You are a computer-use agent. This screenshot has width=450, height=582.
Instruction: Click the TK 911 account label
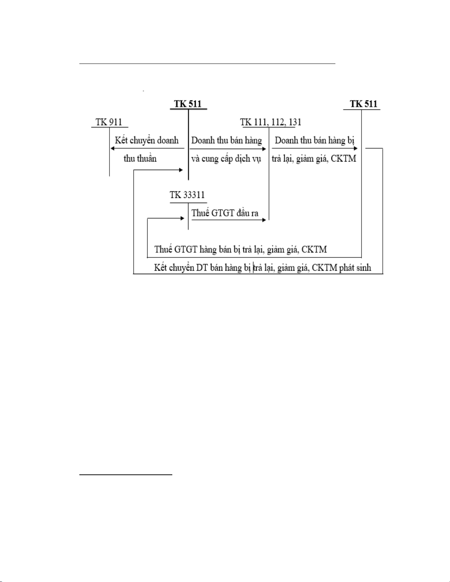(x=109, y=122)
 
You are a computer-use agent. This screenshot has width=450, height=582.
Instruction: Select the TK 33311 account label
(x=187, y=195)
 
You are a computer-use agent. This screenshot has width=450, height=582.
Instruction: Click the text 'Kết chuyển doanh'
(x=147, y=140)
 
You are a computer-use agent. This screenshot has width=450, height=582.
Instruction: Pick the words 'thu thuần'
(x=140, y=158)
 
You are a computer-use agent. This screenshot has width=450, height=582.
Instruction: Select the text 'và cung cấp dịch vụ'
(x=226, y=159)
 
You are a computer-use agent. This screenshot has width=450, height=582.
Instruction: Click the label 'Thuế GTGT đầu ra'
(x=225, y=213)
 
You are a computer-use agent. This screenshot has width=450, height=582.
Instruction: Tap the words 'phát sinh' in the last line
(x=355, y=268)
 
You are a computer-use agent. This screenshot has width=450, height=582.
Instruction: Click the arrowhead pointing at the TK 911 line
(x=113, y=148)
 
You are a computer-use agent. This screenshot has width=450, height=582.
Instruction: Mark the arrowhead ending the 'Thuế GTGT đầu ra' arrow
(x=264, y=220)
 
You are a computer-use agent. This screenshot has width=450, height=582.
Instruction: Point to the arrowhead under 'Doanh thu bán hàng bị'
(x=356, y=148)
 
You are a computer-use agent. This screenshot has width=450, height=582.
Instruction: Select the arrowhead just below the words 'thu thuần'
(x=181, y=170)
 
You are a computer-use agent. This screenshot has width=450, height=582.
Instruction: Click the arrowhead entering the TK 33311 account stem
(x=182, y=218)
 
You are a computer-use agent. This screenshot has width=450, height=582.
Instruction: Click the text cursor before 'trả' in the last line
(x=253, y=268)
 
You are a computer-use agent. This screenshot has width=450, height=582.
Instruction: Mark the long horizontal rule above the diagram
(x=207, y=64)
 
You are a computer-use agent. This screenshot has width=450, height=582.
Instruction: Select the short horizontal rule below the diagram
(x=126, y=475)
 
